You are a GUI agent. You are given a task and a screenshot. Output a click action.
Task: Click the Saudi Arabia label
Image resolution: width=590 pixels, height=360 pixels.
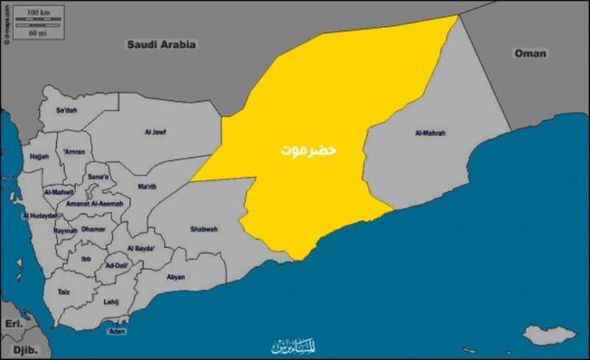162,44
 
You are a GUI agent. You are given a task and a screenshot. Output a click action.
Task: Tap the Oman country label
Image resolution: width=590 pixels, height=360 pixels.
530,53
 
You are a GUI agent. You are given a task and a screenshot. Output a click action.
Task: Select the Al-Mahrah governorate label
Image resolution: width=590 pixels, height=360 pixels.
431,134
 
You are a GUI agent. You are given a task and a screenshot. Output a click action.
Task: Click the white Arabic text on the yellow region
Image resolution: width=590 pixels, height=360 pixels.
308,149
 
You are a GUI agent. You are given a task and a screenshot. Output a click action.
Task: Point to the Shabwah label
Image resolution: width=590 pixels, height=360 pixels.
204,229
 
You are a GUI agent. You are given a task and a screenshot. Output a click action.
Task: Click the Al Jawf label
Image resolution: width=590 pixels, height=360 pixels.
156,132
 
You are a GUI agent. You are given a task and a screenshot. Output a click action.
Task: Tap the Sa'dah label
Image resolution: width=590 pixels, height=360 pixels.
67,111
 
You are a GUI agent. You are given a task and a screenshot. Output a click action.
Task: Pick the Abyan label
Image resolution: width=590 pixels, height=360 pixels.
176,277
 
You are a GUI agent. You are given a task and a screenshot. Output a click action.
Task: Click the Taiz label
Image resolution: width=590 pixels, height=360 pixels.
63,292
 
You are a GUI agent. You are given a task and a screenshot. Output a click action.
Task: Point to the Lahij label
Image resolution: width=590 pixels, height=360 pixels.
111,301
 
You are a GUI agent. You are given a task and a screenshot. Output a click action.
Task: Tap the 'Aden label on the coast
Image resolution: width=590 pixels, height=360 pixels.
116,332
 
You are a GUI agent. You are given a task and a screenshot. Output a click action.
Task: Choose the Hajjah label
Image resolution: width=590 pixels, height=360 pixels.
40,156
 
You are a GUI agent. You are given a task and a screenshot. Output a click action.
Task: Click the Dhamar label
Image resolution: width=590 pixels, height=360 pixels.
94,229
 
